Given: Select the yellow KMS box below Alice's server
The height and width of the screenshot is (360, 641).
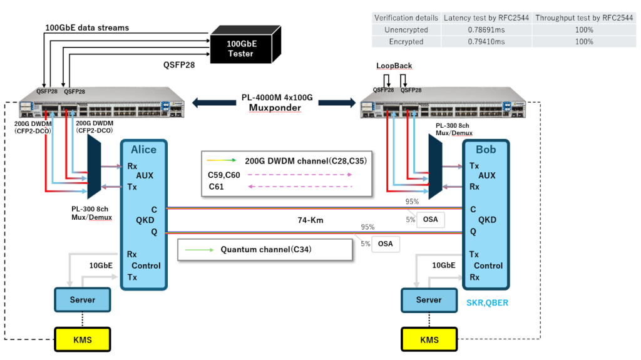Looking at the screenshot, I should [x=82, y=339].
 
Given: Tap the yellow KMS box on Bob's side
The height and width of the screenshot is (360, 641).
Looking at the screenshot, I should [x=429, y=340].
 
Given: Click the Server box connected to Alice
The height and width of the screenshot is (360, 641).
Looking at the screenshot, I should [x=82, y=300].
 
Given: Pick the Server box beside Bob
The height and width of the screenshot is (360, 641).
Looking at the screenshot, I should [x=429, y=300].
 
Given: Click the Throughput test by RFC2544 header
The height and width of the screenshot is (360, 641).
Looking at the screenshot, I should [x=584, y=18].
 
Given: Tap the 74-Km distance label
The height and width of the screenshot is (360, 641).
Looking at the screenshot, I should [x=310, y=220].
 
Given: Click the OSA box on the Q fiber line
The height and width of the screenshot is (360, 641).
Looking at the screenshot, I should [x=386, y=244].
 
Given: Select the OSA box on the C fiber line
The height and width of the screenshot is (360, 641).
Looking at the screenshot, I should [x=429, y=220].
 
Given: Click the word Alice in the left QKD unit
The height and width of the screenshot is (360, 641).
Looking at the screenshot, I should [x=143, y=150].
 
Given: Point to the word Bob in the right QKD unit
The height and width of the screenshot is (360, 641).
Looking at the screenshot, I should [x=486, y=150].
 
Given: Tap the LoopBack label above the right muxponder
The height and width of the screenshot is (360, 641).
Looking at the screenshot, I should [x=394, y=66].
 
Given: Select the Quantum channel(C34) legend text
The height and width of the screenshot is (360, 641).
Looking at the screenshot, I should [x=265, y=250].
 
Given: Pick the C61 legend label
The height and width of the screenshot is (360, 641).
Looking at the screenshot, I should [x=216, y=187].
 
